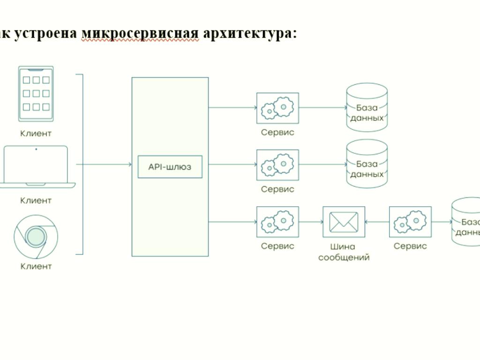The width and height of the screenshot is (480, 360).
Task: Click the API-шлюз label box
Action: pyautogui.click(x=170, y=167)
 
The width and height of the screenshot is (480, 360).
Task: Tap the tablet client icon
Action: pyautogui.click(x=36, y=94)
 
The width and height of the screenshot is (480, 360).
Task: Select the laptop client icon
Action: pyautogui.click(x=37, y=166)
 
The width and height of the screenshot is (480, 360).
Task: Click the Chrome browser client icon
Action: pyautogui.click(x=36, y=237)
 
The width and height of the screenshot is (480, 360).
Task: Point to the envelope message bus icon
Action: pyautogui.click(x=344, y=222)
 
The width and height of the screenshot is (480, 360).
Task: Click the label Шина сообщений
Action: pyautogui.click(x=344, y=252)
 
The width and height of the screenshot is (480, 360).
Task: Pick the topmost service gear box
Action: pyautogui.click(x=277, y=108)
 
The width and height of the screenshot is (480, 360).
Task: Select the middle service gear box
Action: pyautogui.click(x=277, y=165)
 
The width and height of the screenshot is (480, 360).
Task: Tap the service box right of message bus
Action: pyautogui.click(x=410, y=222)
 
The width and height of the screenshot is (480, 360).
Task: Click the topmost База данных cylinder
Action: pyautogui.click(x=367, y=107)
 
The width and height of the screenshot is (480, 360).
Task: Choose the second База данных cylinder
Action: pyautogui.click(x=367, y=164)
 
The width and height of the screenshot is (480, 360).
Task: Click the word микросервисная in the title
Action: pyautogui.click(x=140, y=33)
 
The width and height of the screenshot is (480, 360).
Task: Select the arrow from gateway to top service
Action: pyautogui.click(x=232, y=107)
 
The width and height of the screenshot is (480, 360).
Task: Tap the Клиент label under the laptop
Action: pyautogui.click(x=36, y=201)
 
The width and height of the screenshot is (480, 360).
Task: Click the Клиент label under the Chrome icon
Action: pyautogui.click(x=36, y=266)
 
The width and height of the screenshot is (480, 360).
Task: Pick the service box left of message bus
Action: pyautogui.click(x=277, y=222)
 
